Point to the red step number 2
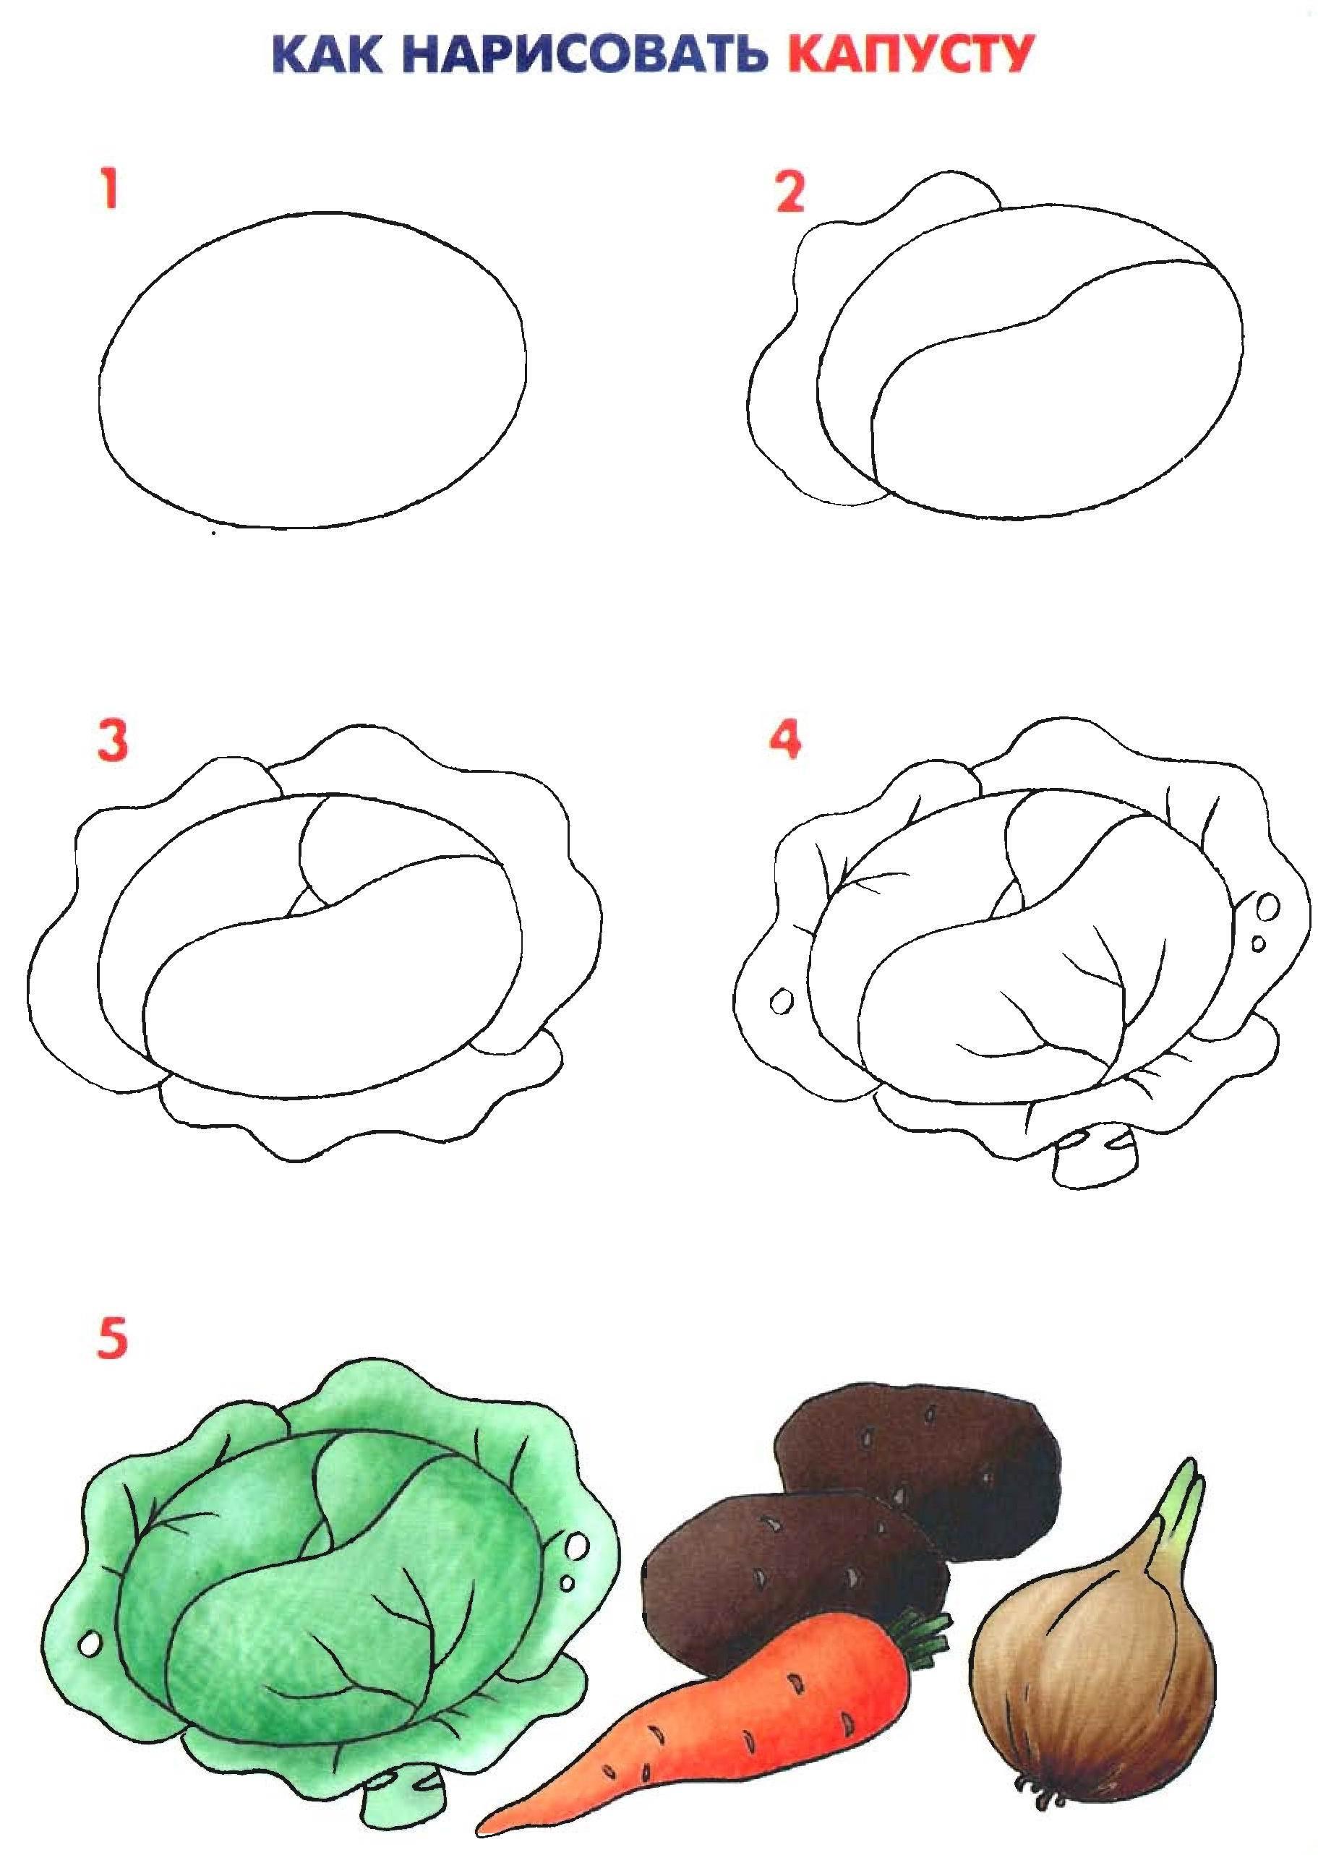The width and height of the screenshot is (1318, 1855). click(x=789, y=192)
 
